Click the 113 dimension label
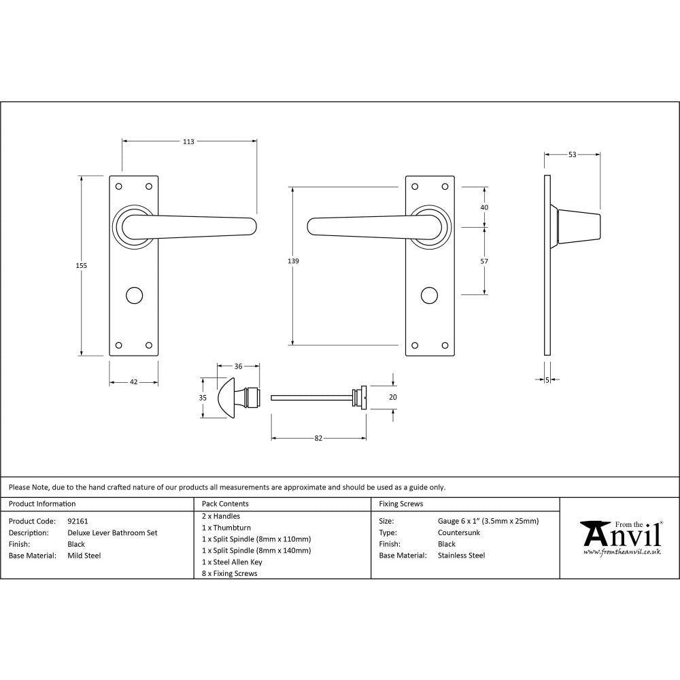(x=188, y=141)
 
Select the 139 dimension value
(x=293, y=261)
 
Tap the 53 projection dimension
(x=572, y=154)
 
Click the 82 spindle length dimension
(x=318, y=438)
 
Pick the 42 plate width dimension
(x=134, y=382)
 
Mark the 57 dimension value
(x=484, y=261)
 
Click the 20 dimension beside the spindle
(x=392, y=397)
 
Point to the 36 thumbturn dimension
(x=238, y=367)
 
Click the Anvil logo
(x=621, y=537)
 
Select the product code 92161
(x=78, y=522)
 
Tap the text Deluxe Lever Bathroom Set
(x=112, y=533)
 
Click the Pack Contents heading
(x=225, y=504)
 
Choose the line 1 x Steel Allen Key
(x=232, y=562)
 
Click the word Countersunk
(x=459, y=533)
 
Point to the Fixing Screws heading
(x=401, y=504)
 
